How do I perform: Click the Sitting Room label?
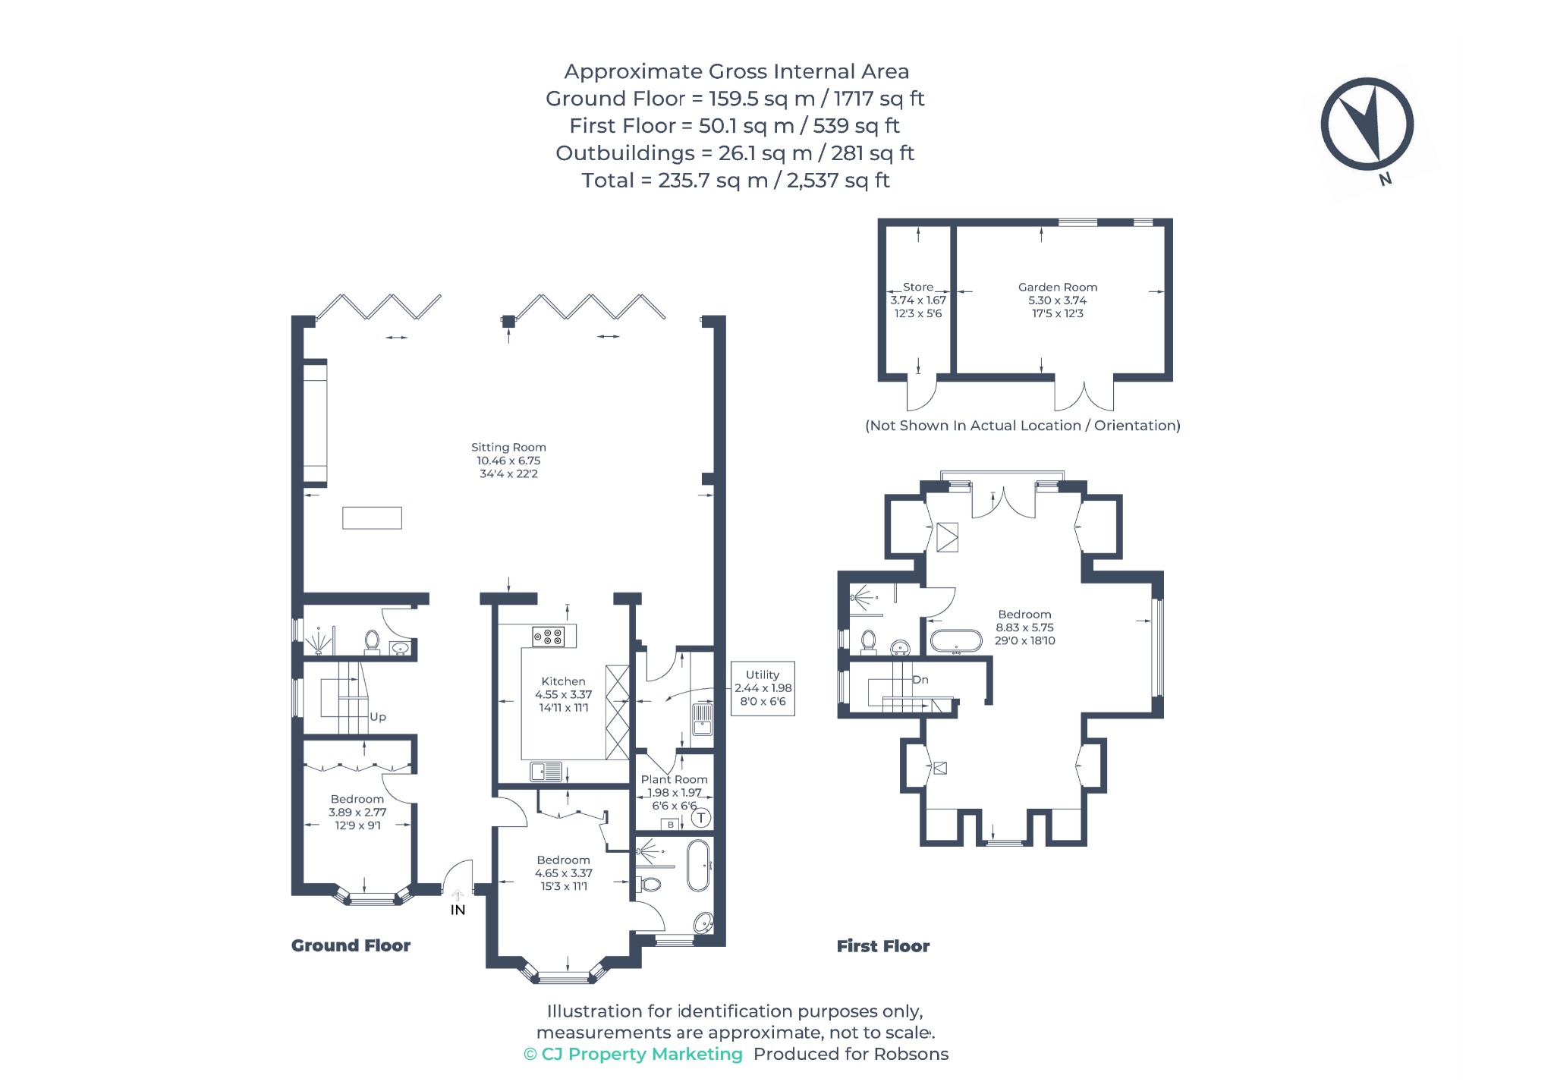pyautogui.click(x=508, y=448)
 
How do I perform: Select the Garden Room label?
pyautogui.click(x=1058, y=288)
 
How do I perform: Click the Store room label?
pyautogui.click(x=918, y=288)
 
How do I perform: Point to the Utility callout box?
pyautogui.click(x=763, y=688)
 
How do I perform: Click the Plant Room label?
pyautogui.click(x=674, y=779)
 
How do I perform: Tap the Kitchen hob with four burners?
pyautogui.click(x=548, y=636)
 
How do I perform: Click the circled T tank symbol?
pyautogui.click(x=701, y=818)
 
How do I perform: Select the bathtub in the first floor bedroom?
pyautogui.click(x=957, y=641)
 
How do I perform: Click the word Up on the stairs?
pyautogui.click(x=378, y=717)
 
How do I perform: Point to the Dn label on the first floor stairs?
pyautogui.click(x=920, y=680)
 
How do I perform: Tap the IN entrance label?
pyautogui.click(x=458, y=910)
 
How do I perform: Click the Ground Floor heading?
pyautogui.click(x=351, y=945)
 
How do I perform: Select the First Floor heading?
pyautogui.click(x=882, y=946)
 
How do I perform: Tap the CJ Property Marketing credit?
pyautogui.click(x=633, y=1054)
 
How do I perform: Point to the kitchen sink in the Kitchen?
pyautogui.click(x=546, y=772)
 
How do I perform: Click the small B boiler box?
pyautogui.click(x=670, y=825)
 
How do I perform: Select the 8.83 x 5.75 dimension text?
pyautogui.click(x=1024, y=627)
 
